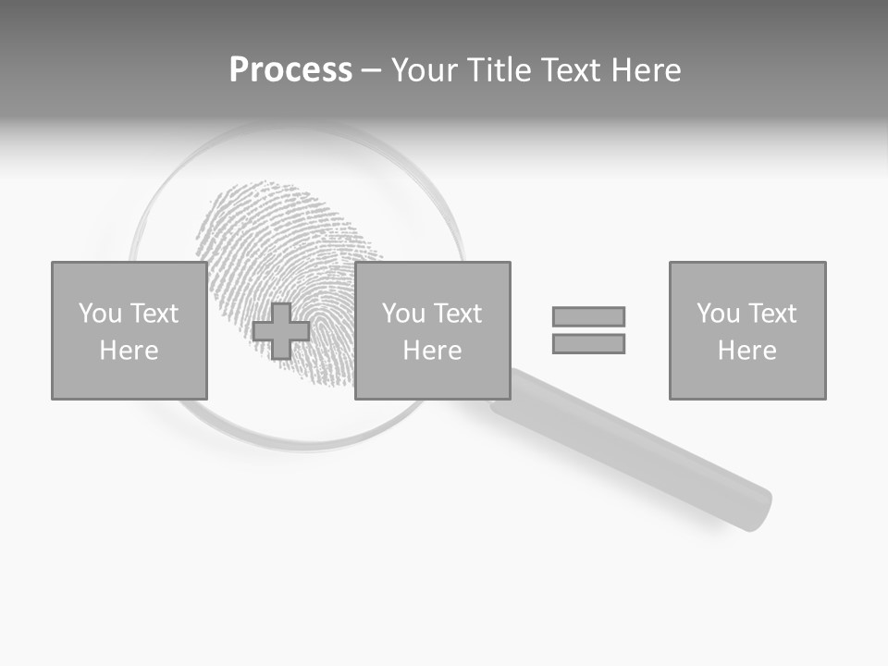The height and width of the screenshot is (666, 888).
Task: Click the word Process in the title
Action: point(290,70)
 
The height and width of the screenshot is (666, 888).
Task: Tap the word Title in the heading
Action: point(499,70)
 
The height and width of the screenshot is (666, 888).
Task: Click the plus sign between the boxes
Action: point(281,331)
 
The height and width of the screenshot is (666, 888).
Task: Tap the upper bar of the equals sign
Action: point(588,316)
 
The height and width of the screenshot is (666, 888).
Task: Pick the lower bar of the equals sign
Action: point(588,343)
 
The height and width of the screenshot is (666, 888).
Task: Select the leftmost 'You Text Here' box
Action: point(129,330)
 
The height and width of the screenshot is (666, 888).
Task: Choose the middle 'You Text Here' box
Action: point(432,330)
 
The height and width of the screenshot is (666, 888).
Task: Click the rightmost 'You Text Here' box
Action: point(746,330)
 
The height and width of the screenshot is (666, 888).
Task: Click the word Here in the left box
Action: point(129,351)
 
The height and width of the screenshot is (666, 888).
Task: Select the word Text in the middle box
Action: point(457,314)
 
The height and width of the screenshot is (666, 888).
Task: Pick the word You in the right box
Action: point(719,314)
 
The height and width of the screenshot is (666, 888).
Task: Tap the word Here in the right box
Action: point(746,351)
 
